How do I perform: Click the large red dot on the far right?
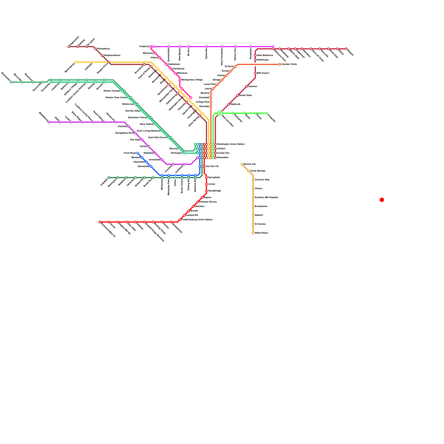pos(382,200)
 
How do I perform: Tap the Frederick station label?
pos(144,47)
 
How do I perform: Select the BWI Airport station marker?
pos(255,73)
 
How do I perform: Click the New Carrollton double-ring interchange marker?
pos(220,113)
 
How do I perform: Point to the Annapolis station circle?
pos(266,113)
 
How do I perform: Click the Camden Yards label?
pos(289,64)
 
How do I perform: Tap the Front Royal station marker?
pos(138,153)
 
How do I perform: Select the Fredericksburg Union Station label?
pos(197,220)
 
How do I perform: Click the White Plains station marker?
pos(253,233)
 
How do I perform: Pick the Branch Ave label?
pos(250,164)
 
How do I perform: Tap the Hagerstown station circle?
pos(69,47)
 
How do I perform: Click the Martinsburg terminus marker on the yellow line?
pos(75,62)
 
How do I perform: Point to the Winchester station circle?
pos(11,82)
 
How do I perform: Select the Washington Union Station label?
pos(231,144)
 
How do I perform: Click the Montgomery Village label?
pos(192,80)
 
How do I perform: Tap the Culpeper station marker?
pos(109,178)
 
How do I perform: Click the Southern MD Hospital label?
pos(266,198)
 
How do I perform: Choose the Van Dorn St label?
pos(212,167)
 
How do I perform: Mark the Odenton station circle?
pos(246,87)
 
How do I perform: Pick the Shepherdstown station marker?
pos(102,56)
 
